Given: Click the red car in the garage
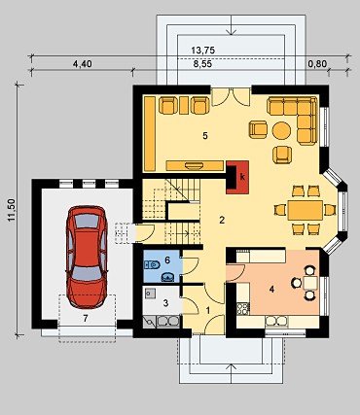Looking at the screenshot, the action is pos(87,257).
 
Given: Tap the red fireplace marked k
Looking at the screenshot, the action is pos(237,177).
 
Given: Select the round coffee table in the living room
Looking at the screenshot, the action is pos(281,130).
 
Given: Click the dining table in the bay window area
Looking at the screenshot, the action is pos(306,210).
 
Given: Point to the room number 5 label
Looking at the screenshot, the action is pos(205,136).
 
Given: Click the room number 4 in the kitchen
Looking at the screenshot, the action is pos(271,290).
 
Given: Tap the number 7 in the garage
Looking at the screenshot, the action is pos(86,319).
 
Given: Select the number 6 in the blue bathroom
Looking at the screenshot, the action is pos(167,259).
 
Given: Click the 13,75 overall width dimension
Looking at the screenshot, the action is pos(203,51).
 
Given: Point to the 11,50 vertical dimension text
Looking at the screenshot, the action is pos(12,210).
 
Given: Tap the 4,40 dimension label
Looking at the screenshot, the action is pos(82,64).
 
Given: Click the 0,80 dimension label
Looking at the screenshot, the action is pos(317,64).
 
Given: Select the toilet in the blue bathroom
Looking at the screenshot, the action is pos(152,265).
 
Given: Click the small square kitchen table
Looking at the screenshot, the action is pos(310,283).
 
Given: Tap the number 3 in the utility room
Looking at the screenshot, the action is pos(165,303).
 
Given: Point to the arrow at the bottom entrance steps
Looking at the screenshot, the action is pos(231,374).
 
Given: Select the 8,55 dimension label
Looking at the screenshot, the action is pos(202,64).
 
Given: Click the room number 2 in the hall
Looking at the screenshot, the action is pos(222,221).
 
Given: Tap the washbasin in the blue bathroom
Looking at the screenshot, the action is pos(168,277).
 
